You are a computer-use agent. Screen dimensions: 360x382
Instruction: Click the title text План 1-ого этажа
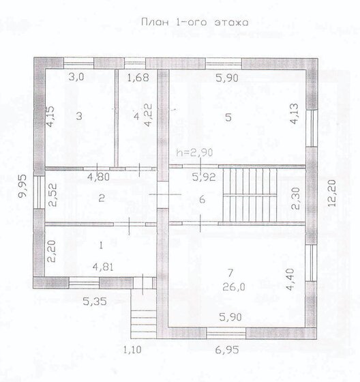tap(195, 23)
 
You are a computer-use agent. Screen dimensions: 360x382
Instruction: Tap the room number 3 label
tap(79, 116)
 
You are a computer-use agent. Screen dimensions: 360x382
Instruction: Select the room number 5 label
tap(228, 117)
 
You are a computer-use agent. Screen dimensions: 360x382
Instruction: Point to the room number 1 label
tap(101, 246)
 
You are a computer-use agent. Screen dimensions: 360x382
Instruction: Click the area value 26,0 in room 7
tap(234, 287)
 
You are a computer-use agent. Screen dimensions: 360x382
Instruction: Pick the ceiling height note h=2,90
tap(194, 153)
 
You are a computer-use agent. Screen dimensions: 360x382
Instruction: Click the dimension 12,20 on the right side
tap(332, 193)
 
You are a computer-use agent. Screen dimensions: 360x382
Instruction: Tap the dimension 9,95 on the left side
tap(23, 186)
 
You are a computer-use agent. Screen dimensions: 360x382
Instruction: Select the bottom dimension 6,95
tap(227, 350)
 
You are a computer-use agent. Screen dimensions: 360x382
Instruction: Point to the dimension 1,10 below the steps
tap(132, 350)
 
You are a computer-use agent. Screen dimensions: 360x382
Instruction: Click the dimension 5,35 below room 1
tap(95, 302)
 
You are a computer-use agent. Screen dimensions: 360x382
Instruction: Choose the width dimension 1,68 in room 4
tap(138, 78)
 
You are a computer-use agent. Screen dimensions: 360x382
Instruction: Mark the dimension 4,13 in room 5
tap(295, 114)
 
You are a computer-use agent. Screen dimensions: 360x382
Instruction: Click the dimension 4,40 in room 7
tap(290, 280)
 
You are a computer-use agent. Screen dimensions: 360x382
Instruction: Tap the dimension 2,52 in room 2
tap(52, 195)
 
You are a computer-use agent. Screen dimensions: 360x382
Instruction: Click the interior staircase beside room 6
tap(250, 195)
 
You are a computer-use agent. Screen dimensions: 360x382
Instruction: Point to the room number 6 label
tap(202, 200)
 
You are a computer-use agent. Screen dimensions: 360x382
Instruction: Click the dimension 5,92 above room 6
tap(204, 177)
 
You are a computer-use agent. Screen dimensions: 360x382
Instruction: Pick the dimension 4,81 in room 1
tap(103, 267)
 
